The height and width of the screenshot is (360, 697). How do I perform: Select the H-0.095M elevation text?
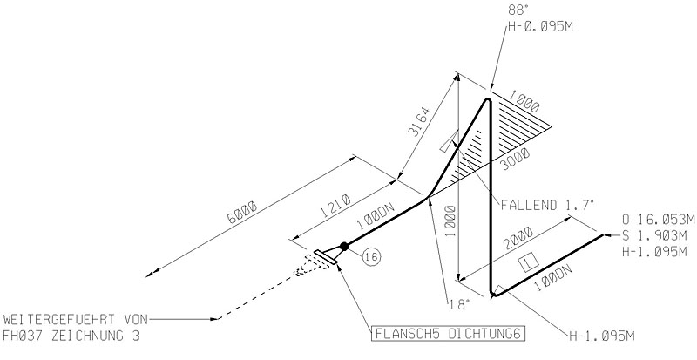[x=540, y=26]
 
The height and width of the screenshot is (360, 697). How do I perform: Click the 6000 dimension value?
[x=242, y=213]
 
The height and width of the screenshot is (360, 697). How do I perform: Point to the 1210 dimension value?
[x=335, y=205]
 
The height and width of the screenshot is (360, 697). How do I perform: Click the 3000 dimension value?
[x=516, y=160]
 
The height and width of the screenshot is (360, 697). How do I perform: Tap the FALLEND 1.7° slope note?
[x=548, y=205]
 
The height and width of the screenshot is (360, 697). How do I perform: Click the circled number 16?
[x=372, y=257]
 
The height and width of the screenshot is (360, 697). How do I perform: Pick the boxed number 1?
[x=529, y=263]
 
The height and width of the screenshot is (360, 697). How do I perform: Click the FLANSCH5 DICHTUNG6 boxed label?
[x=448, y=334]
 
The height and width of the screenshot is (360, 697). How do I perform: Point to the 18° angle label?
[x=460, y=304]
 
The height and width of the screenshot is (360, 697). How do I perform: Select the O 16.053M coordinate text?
[x=659, y=220]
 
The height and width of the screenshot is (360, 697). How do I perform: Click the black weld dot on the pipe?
[x=343, y=246]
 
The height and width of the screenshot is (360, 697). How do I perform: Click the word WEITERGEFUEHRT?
[x=59, y=319]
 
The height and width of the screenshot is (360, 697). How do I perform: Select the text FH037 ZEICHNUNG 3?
[x=71, y=336]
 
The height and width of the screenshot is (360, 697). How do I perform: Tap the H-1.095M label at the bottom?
[x=602, y=336]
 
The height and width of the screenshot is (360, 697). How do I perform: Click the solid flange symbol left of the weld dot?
[x=325, y=258]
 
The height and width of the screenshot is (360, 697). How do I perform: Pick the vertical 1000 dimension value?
[x=450, y=221]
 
